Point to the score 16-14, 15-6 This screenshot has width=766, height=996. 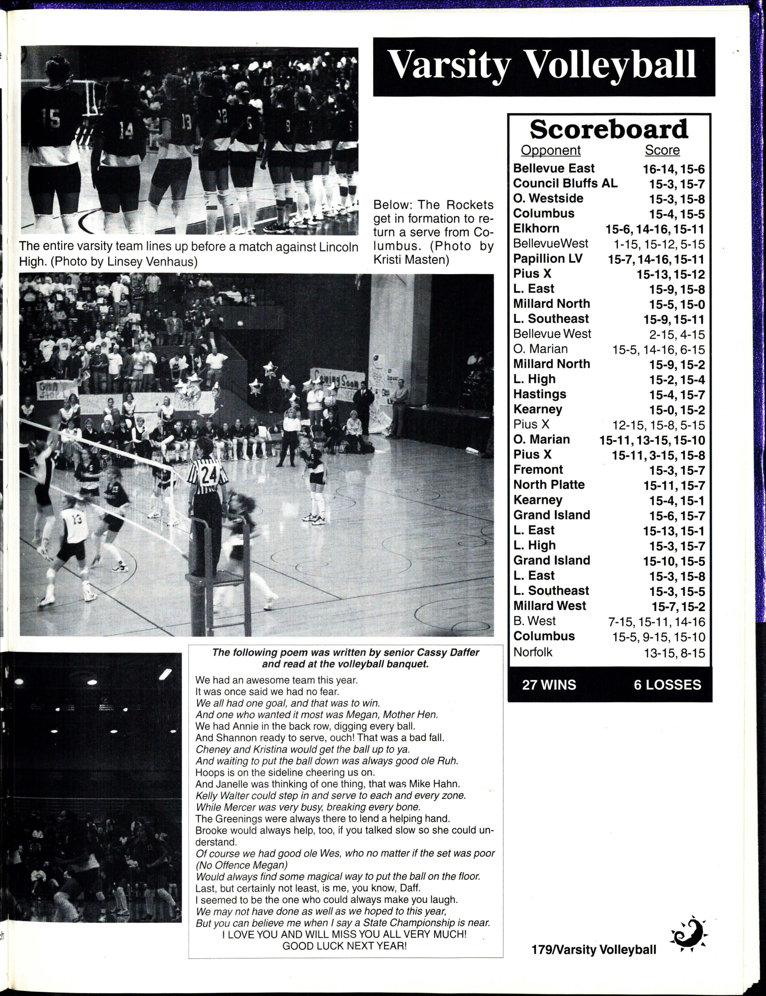(x=673, y=169)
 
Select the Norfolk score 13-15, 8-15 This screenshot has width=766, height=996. (x=674, y=653)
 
